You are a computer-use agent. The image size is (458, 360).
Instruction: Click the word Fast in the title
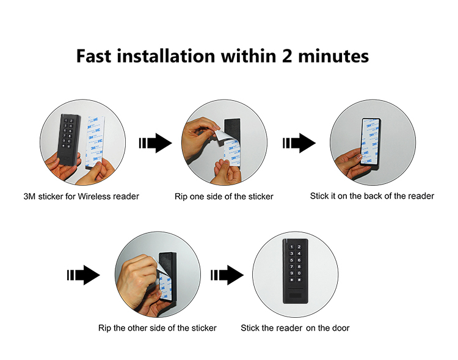pos(94,56)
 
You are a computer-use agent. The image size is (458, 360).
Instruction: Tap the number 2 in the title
pos(287,56)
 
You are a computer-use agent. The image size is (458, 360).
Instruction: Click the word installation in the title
pos(166,56)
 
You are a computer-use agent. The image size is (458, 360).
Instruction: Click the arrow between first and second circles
pos(155,143)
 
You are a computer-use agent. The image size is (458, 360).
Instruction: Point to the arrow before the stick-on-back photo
pos(299,143)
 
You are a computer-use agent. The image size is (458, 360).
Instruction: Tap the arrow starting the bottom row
pos(84,275)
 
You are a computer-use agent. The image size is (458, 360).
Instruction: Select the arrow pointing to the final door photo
pos(227,275)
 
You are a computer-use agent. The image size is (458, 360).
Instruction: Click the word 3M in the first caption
pos(30,196)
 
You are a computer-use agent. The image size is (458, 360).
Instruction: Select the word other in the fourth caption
pos(137,328)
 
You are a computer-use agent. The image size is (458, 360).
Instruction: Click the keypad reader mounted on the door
pos(295,271)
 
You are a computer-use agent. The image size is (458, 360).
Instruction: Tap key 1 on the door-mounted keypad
pos(291,247)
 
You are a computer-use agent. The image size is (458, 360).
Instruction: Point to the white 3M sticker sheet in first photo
pos(95,142)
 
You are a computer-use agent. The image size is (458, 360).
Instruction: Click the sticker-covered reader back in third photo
pos(371,142)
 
